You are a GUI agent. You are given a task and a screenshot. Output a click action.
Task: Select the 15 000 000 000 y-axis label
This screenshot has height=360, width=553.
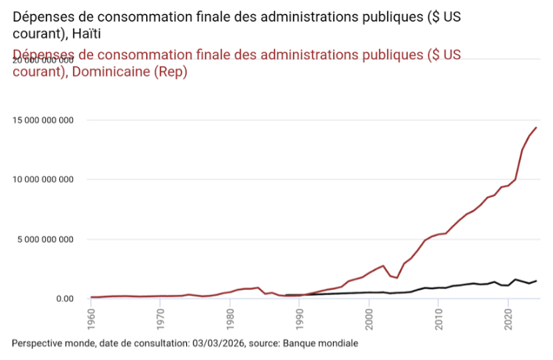(44, 120)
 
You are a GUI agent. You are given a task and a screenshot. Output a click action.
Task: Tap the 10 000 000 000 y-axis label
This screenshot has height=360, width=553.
(44, 179)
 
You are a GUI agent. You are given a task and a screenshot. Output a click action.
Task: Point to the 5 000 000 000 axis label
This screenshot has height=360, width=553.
(47, 239)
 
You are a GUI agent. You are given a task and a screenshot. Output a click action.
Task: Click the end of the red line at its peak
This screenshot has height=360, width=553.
(536, 128)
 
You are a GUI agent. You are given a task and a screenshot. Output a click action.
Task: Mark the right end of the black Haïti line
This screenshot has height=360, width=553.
(536, 280)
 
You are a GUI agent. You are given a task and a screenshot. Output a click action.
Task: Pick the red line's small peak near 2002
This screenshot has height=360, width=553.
(383, 266)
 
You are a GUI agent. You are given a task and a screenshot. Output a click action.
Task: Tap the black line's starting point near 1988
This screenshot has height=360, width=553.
(286, 295)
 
